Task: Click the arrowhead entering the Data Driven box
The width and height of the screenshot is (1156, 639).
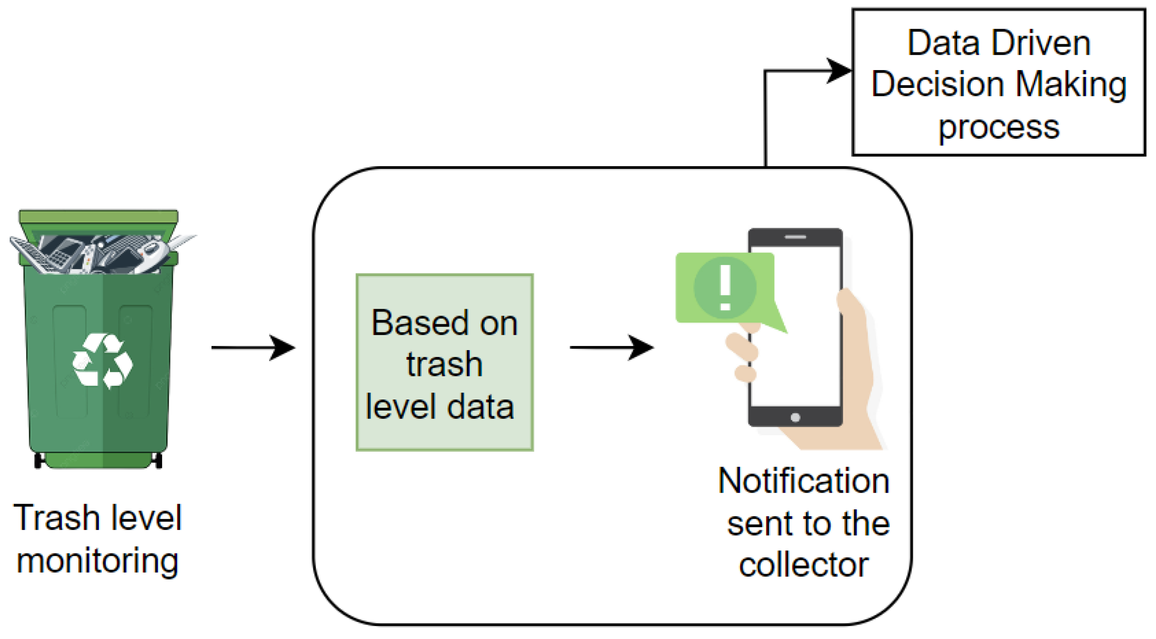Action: (838, 71)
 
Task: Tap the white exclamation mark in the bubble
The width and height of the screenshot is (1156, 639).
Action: (725, 287)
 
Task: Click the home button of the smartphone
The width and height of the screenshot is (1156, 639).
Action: (795, 417)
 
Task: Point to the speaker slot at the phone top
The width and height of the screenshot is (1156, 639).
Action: (795, 237)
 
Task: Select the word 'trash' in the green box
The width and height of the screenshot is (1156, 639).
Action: (444, 364)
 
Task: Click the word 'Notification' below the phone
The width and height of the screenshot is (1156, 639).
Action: (803, 481)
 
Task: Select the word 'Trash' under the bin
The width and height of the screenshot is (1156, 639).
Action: (57, 518)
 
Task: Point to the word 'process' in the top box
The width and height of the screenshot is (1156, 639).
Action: (999, 128)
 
